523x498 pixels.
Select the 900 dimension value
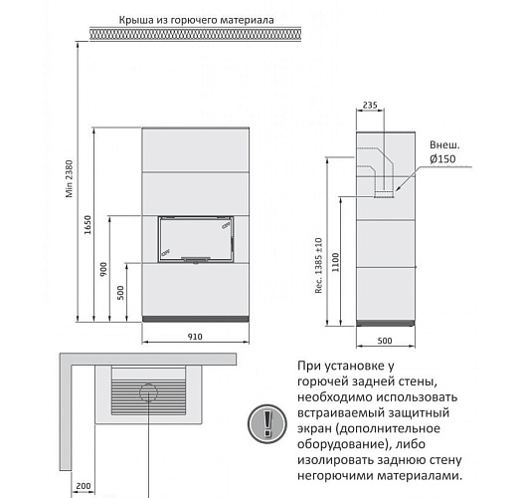click(x=102, y=271)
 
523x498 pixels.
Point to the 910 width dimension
click(x=194, y=337)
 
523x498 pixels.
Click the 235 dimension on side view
click(x=371, y=103)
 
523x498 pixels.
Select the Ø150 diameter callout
click(x=442, y=158)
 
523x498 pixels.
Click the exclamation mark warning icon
click(x=266, y=422)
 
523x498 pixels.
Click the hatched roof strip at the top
click(x=194, y=35)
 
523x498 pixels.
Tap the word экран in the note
click(x=317, y=427)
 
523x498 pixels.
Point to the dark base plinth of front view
click(x=194, y=317)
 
